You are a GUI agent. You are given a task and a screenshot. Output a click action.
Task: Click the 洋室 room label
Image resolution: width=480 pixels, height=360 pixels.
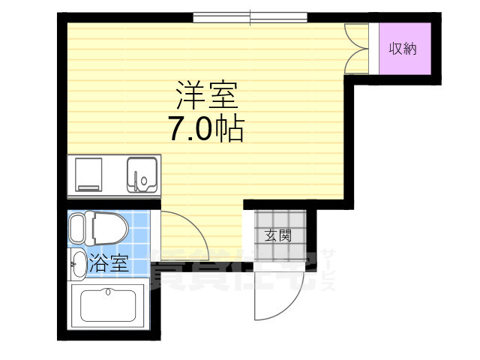point(206,95)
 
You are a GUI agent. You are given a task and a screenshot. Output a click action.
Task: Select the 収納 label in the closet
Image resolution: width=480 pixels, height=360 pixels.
point(403,49)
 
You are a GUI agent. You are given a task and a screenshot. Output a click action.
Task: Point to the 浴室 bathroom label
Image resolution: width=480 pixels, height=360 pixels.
point(109,263)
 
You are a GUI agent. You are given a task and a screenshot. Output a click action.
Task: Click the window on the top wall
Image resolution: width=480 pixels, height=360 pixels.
point(250,16)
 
